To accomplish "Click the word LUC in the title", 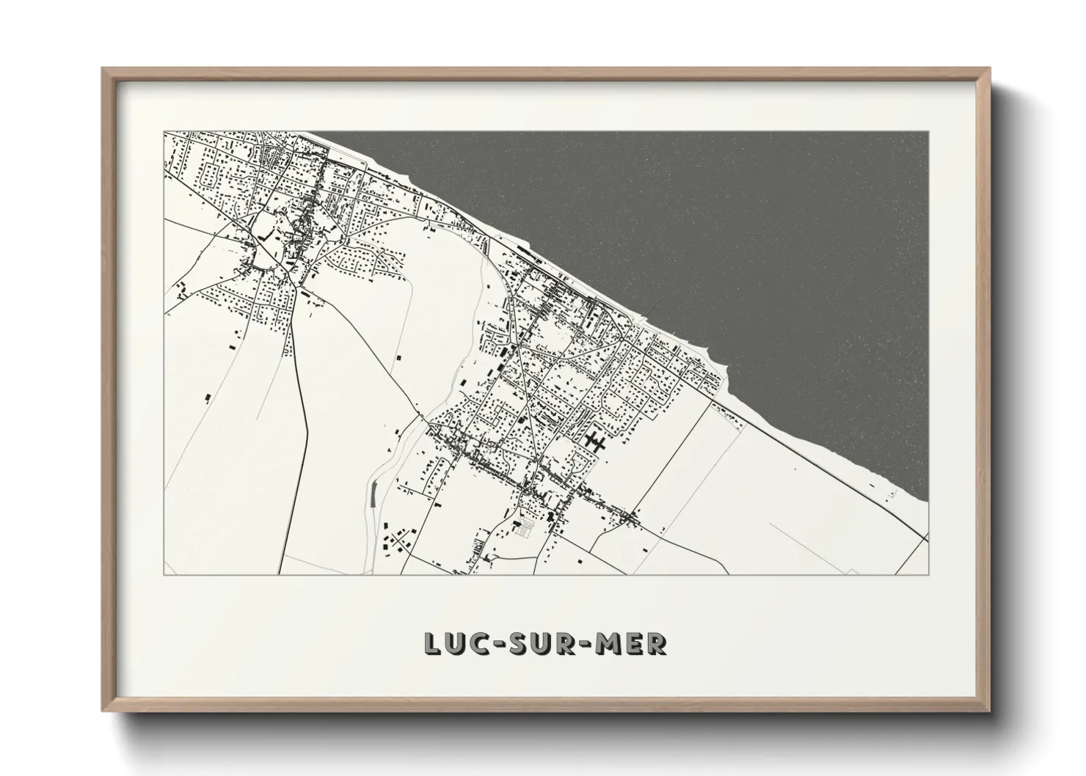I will [453, 643].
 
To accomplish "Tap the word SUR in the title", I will [545, 643].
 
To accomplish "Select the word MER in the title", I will [636, 643].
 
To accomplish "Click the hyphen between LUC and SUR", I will [499, 644].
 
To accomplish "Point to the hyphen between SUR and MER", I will [591, 644].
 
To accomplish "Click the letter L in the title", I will [431, 643].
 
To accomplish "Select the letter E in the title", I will [638, 643].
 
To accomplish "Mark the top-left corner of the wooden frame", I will [103, 68].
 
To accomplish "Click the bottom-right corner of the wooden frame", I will [990, 712].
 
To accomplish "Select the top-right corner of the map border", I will [928, 132].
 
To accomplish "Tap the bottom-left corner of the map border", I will [164, 575].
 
